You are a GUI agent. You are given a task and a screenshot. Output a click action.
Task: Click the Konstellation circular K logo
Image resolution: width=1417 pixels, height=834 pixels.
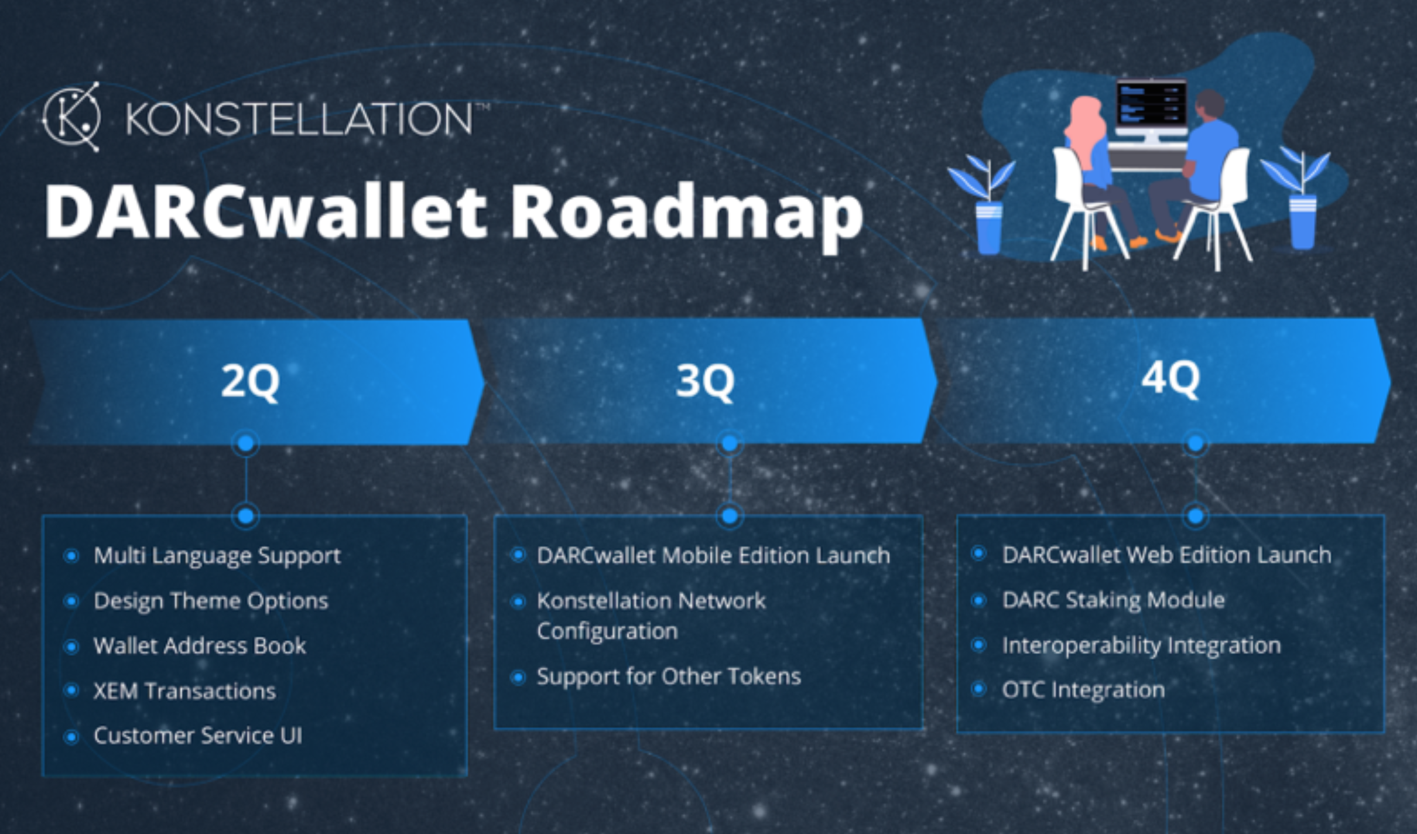click(71, 117)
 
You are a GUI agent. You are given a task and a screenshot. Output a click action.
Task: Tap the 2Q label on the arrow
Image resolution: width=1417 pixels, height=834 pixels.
click(250, 382)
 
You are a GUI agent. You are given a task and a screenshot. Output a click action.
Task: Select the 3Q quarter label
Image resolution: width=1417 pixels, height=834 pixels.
click(705, 382)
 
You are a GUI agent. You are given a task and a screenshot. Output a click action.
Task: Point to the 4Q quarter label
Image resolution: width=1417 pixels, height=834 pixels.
click(1170, 379)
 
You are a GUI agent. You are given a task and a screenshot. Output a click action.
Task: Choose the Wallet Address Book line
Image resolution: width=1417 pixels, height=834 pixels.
click(200, 646)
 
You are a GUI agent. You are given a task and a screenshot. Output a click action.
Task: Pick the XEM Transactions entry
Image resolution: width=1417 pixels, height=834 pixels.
click(184, 691)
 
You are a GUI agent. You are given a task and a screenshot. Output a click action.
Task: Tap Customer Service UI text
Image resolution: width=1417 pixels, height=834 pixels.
click(198, 736)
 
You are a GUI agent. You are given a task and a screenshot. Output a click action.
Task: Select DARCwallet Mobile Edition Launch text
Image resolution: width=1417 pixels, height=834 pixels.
click(713, 555)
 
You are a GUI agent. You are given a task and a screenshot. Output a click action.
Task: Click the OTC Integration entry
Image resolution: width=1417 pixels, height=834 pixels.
click(1083, 691)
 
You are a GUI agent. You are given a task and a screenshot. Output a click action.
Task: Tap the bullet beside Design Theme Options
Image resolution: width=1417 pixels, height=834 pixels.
click(71, 601)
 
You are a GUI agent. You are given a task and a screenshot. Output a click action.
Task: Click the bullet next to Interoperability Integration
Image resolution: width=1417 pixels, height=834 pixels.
click(979, 645)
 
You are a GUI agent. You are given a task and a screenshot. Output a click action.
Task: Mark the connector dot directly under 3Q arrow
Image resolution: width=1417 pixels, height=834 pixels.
click(730, 444)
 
